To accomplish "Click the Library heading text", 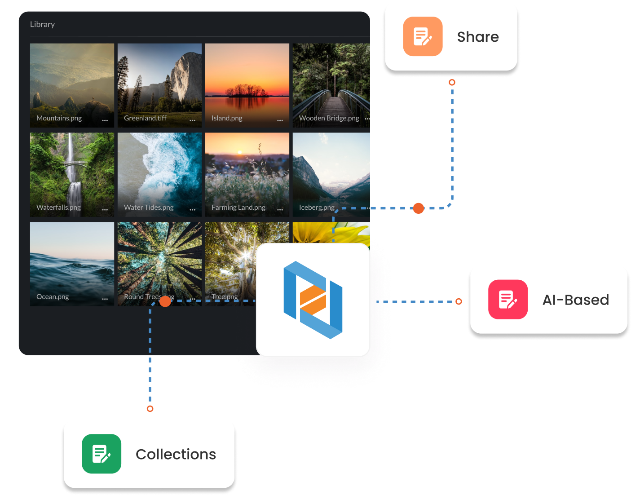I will tap(42, 24).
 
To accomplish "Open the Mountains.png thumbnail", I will tap(72, 81).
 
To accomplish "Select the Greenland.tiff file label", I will tap(145, 118).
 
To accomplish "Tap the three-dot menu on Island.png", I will tap(280, 120).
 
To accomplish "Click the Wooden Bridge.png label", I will tap(329, 118).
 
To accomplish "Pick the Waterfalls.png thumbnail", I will tap(72, 171).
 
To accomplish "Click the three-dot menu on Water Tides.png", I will tap(192, 210).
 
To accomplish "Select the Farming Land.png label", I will tap(238, 208).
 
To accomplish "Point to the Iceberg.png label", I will tap(317, 208).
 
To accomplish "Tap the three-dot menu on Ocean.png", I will tap(105, 299).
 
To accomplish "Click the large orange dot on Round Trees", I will tap(165, 301).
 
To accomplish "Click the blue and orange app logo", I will tap(313, 300).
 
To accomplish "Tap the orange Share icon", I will tap(423, 36).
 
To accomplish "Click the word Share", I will tap(478, 37).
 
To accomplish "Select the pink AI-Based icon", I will tap(508, 300).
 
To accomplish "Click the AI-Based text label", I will tap(575, 300).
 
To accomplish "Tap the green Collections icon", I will tap(101, 454).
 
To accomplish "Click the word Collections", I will tap(176, 455).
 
